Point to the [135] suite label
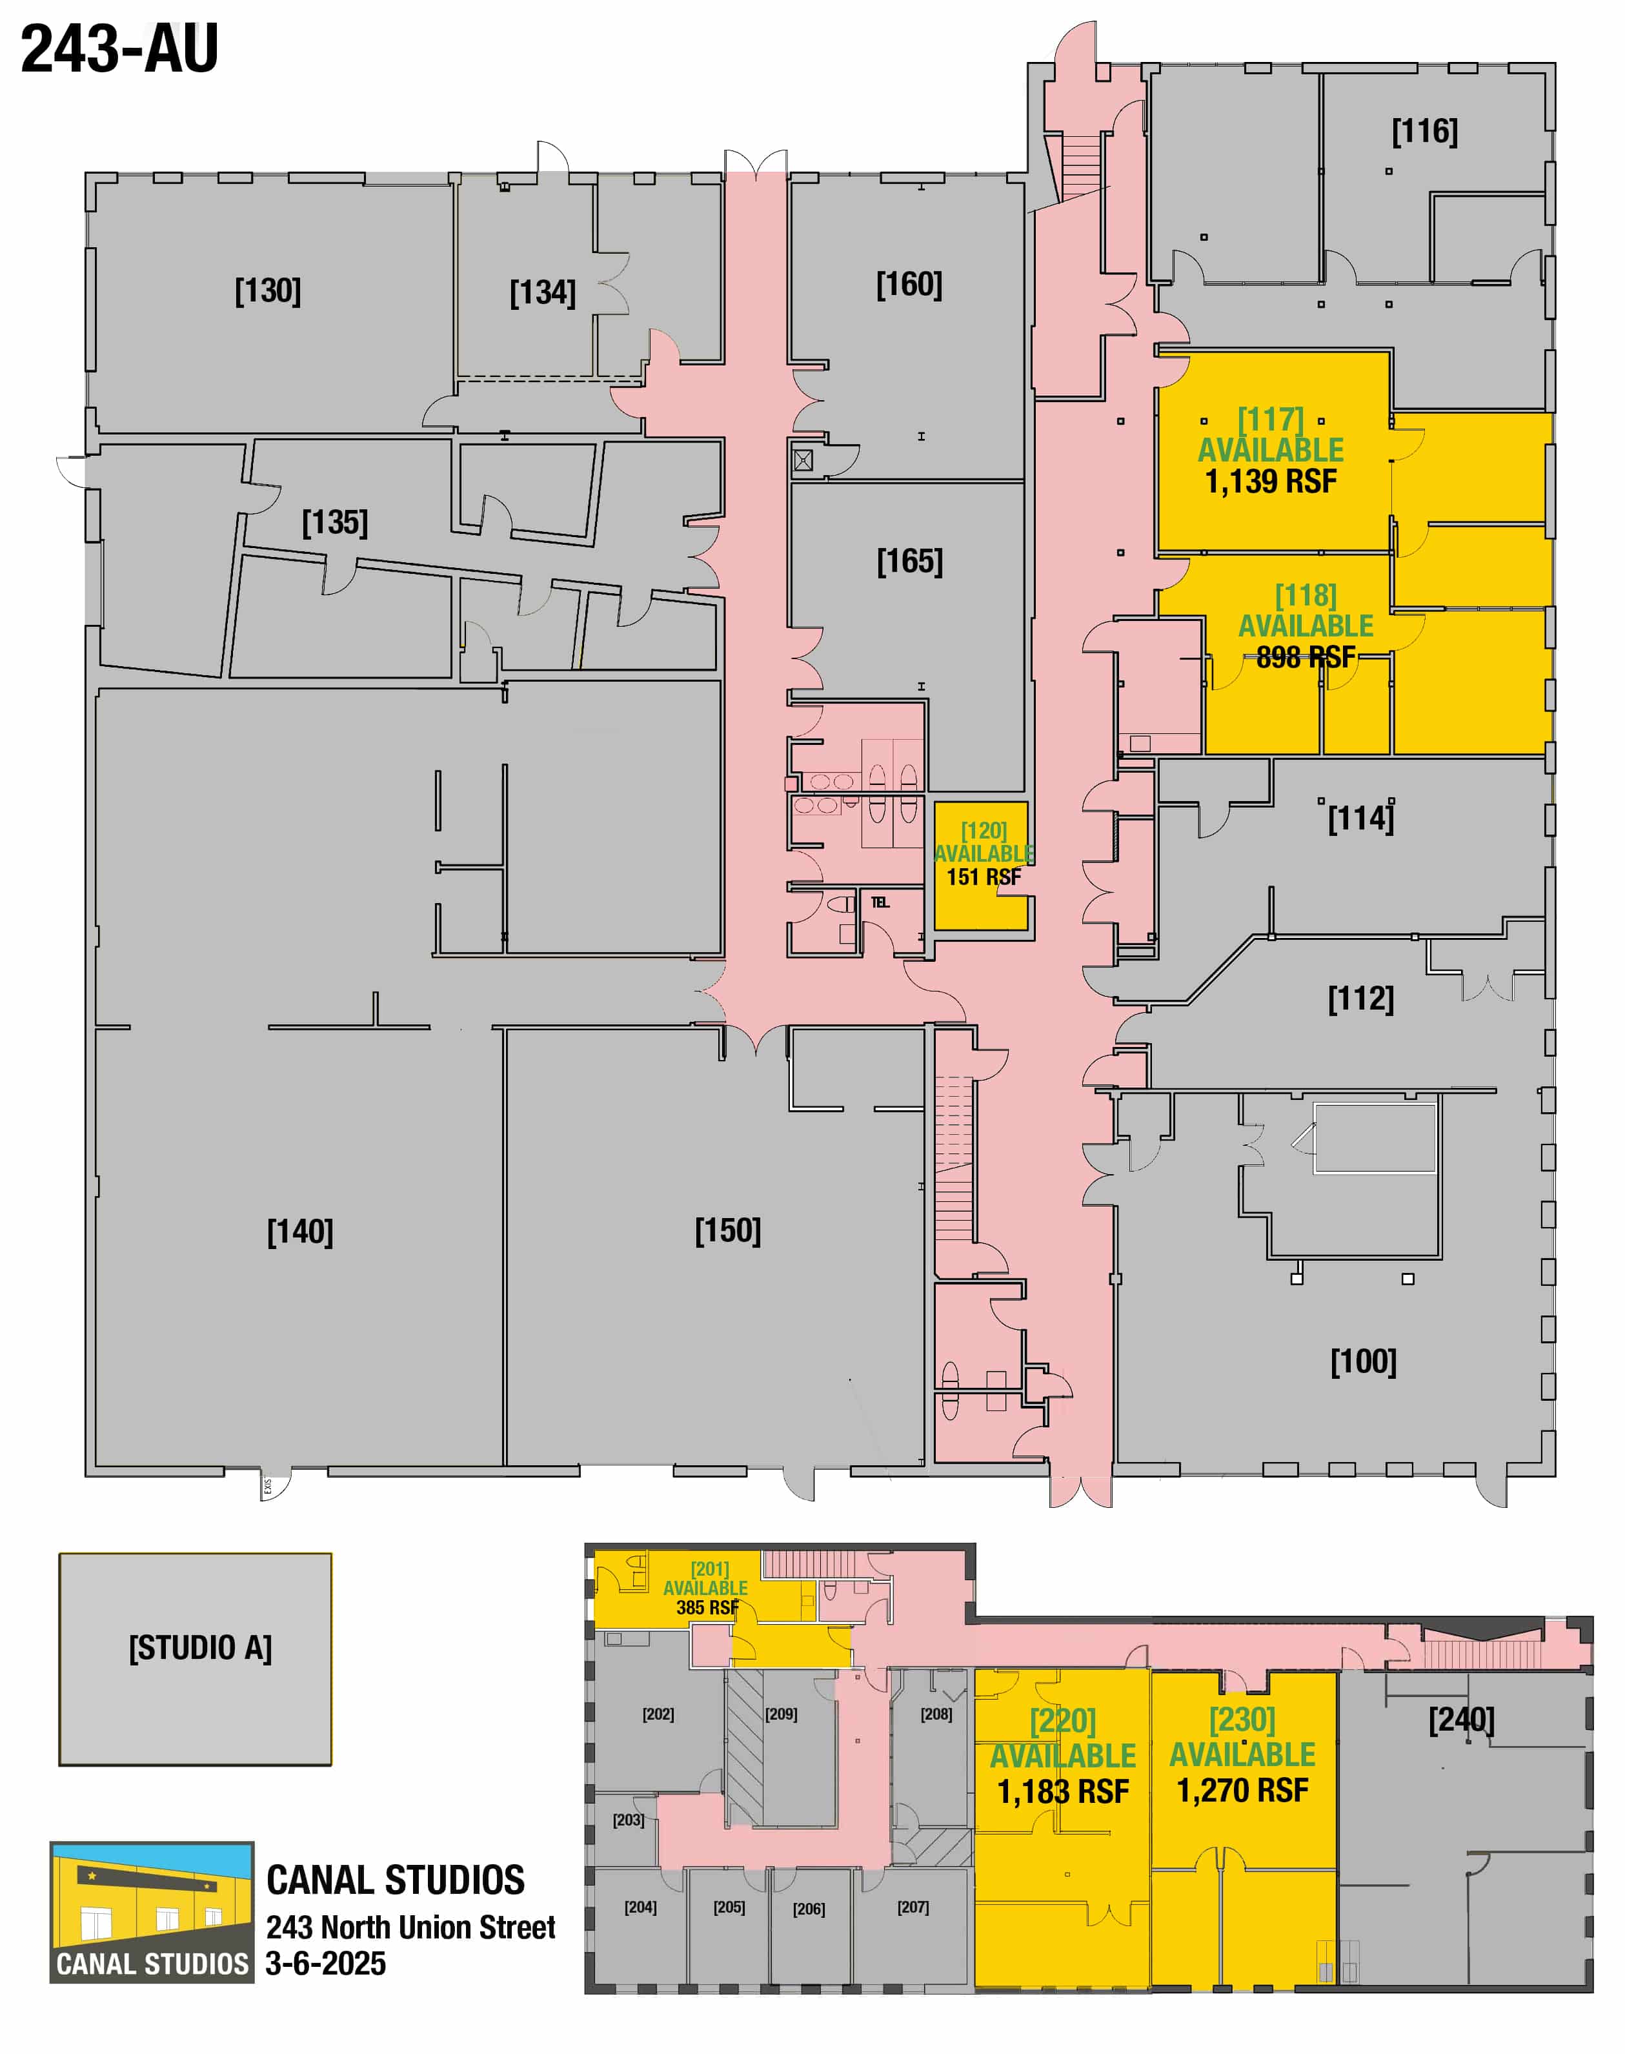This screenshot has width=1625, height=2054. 335,522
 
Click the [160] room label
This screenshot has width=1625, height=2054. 909,285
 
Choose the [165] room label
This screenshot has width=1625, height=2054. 909,562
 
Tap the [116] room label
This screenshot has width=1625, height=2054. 1424,131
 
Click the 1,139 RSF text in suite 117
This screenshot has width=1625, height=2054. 1271,482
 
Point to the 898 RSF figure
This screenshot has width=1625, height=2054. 1306,657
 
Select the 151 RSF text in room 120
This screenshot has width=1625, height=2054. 984,877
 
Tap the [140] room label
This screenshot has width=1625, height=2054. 299,1232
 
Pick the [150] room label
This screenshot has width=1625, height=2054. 728,1231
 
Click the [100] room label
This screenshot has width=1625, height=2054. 1364,1361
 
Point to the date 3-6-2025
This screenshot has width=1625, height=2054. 325,1964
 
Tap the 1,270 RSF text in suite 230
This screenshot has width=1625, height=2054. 1242,1791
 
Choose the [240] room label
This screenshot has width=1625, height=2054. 1461,1720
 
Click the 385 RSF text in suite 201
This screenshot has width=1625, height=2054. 707,1608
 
